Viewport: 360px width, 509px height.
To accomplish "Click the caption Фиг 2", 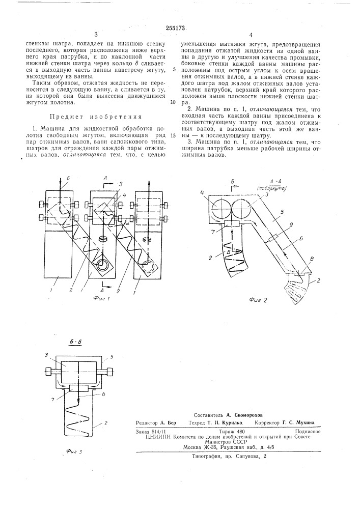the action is [258, 300].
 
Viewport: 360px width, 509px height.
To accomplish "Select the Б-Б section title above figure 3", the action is [75, 343].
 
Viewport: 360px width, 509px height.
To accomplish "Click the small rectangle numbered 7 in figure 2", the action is [232, 223].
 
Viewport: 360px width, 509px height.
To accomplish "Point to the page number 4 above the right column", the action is [251, 36].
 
